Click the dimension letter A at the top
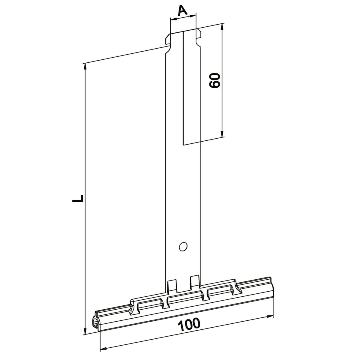click(182, 10)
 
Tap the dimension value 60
click(214, 80)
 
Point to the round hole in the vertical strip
click(183, 247)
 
